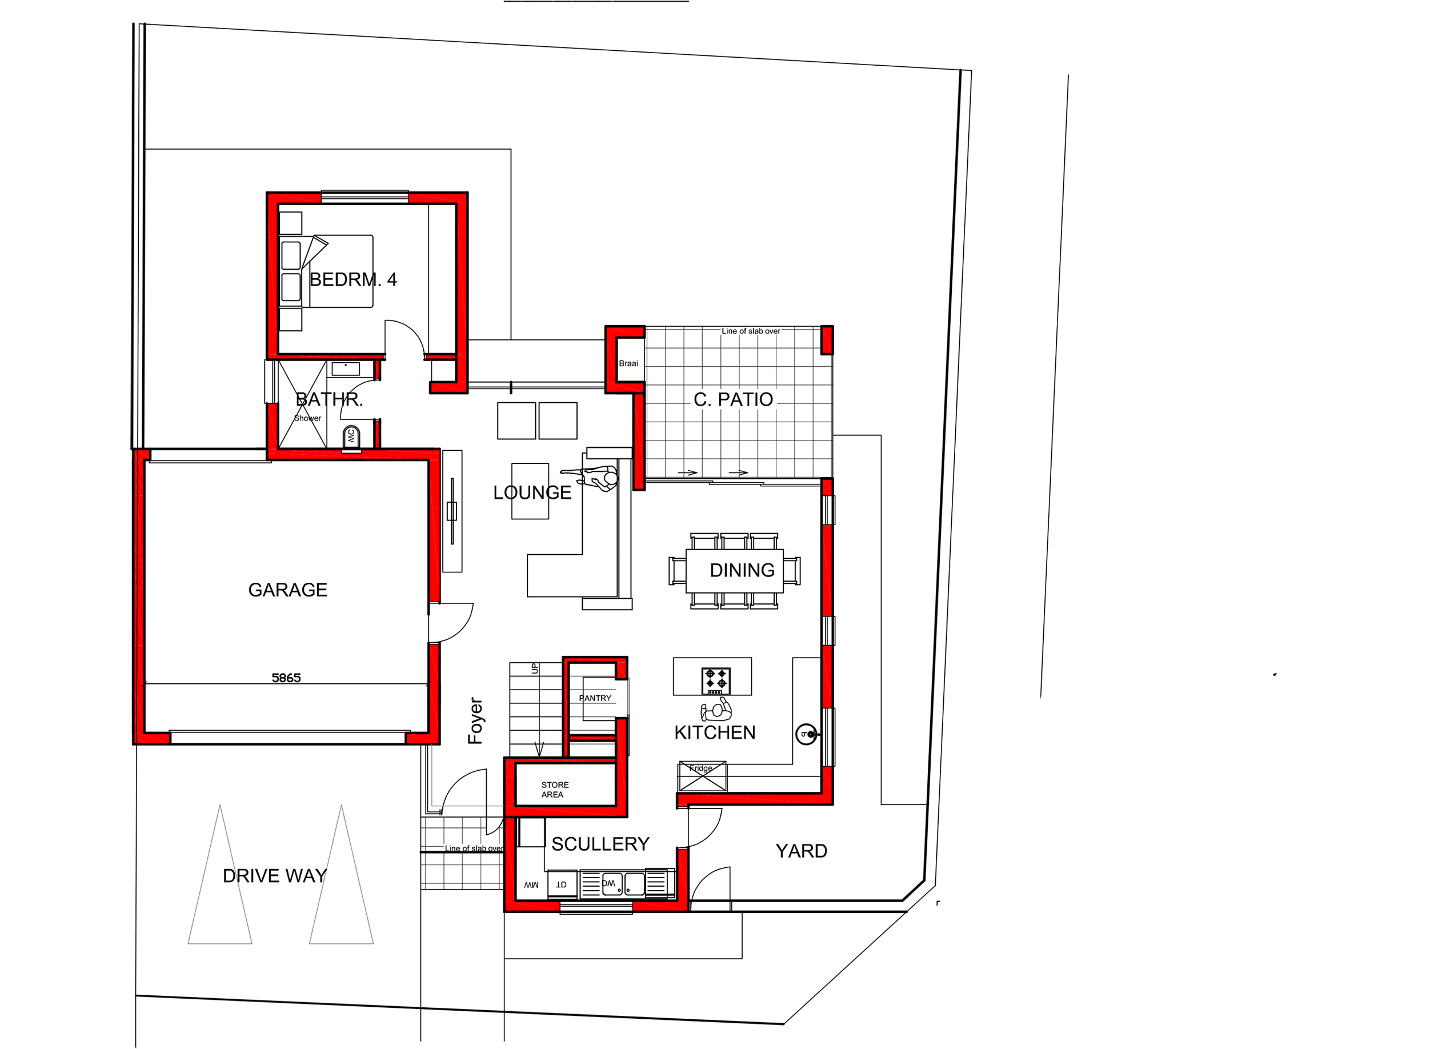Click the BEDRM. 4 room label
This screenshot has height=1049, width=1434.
click(x=353, y=279)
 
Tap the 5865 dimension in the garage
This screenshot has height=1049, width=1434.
click(x=286, y=678)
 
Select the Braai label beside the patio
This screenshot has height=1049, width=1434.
click(x=628, y=363)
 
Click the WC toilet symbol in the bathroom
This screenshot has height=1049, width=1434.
click(x=351, y=437)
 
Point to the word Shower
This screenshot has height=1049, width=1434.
click(x=307, y=418)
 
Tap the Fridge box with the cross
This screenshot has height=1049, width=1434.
click(x=702, y=776)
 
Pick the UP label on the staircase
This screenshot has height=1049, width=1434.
click(x=535, y=668)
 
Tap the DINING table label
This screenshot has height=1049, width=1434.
click(x=742, y=570)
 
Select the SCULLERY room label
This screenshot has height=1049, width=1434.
click(x=600, y=844)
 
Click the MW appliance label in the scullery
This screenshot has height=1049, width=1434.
click(x=531, y=885)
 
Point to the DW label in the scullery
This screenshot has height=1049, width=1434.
click(x=608, y=883)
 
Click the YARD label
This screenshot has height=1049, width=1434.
click(x=800, y=851)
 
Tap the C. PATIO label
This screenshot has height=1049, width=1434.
click(x=732, y=399)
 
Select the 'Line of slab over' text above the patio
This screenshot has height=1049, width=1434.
click(x=750, y=331)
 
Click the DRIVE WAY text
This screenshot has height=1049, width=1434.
click(x=274, y=876)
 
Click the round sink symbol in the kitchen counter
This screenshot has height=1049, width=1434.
click(x=806, y=735)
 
